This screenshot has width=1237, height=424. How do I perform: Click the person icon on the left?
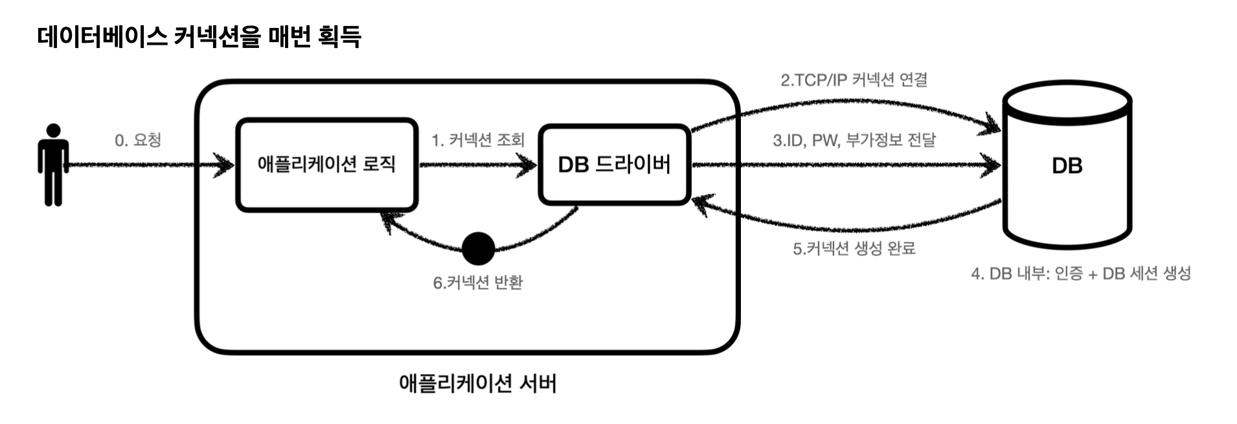pos(53,165)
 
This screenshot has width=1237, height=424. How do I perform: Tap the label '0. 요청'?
pos(137,140)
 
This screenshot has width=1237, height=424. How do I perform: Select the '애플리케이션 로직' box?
pos(326,165)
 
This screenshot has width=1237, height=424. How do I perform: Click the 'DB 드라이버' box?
pos(614,165)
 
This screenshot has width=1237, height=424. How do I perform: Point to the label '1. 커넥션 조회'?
pos(478,140)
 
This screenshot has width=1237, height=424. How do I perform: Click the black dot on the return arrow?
pos(479,248)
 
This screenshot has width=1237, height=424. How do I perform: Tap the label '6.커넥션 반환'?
pos(478,283)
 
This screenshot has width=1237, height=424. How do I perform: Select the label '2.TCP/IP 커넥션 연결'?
pos(854,80)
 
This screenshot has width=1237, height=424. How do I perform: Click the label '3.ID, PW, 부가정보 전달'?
pos(854,140)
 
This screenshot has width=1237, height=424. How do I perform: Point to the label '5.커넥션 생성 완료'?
pos(854,248)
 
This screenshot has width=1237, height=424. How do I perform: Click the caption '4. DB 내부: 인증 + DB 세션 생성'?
pos(1080,274)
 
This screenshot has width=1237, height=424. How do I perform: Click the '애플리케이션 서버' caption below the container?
pos(477,383)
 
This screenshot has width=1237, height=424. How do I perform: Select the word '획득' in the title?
pos(339,36)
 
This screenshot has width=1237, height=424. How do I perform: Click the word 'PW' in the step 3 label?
pos(824,140)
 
